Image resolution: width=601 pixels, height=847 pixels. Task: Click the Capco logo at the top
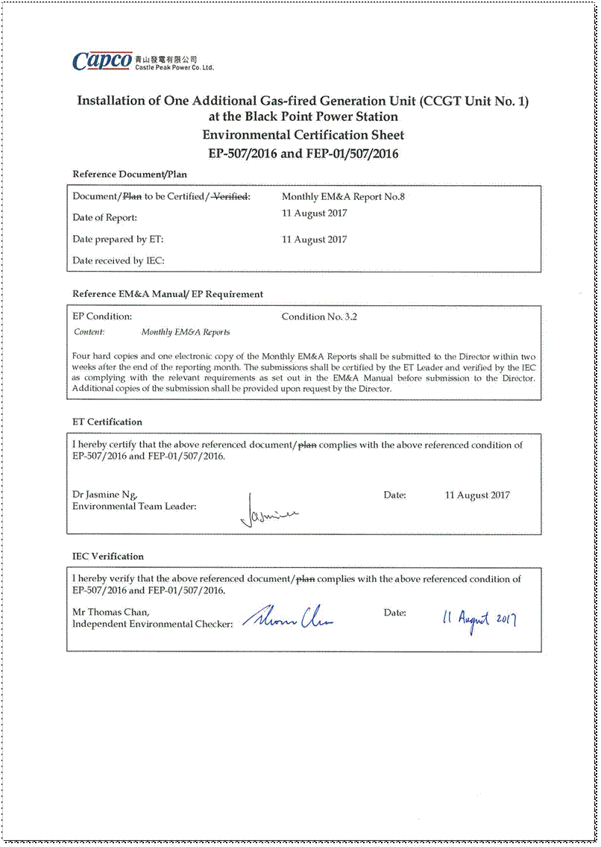coord(102,61)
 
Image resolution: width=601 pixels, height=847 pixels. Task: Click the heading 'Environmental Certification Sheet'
coord(303,135)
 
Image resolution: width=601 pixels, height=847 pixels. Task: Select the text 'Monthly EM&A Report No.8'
coord(343,197)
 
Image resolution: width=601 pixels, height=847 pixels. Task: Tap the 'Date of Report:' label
coord(104,218)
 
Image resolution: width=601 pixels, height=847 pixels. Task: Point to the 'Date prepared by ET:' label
coord(117,240)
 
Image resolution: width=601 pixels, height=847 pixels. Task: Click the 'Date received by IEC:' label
coord(118,260)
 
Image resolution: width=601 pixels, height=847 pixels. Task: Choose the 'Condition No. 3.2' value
coord(319,316)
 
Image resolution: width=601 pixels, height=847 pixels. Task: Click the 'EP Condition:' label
coord(102,316)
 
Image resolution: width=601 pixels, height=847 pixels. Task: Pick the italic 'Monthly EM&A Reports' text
coord(186,332)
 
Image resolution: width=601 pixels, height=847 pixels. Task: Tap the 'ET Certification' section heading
coord(107,422)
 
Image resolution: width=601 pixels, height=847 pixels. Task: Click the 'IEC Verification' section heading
coord(107,556)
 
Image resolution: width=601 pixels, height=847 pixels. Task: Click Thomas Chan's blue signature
coord(288,616)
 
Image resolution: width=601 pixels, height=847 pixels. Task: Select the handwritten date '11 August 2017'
coord(479,619)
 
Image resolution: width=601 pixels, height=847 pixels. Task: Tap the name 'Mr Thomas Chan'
coord(110,613)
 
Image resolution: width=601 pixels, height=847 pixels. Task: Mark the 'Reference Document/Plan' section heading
coord(129,174)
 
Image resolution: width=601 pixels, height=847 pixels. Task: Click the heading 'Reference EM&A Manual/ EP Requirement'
coord(168,294)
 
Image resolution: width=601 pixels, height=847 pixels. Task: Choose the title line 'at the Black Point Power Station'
coord(303,117)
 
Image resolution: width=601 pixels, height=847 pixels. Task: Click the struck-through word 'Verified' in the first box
coord(232,197)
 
